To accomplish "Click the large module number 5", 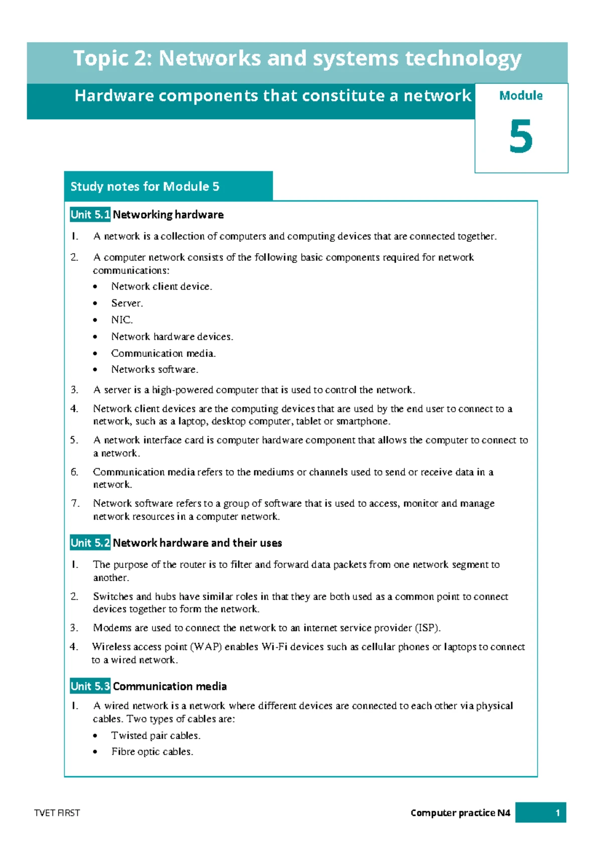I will coord(521,136).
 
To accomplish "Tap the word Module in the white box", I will coord(521,96).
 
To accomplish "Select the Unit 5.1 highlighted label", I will coord(90,215).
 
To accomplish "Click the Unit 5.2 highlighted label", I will coord(90,543).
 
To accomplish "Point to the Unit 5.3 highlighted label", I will coord(90,686).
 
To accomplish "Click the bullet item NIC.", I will coord(122,320).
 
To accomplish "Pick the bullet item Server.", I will coord(127,304).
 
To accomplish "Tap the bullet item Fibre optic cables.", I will coord(152,752).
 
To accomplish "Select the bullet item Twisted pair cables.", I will coord(156,736).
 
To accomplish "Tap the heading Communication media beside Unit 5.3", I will coord(170,686).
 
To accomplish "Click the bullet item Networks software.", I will coord(155,370).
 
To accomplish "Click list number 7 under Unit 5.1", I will coord(75,503).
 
